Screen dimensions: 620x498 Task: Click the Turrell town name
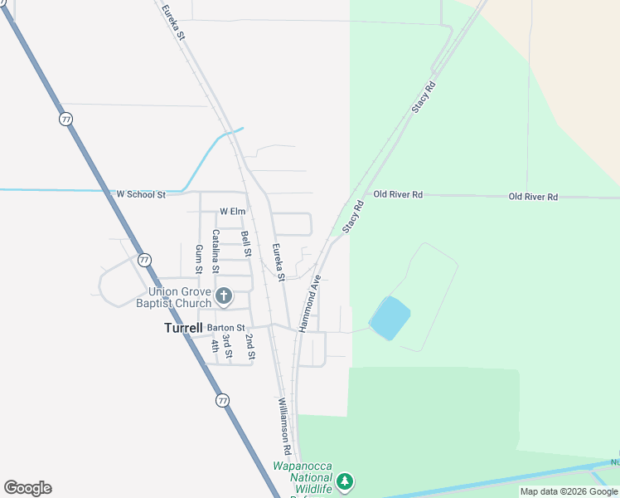tap(183, 328)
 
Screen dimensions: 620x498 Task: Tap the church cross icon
tap(223, 295)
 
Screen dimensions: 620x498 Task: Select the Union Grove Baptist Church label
tap(179, 297)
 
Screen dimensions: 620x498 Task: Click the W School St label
tap(141, 194)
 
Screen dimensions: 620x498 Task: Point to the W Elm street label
tap(233, 212)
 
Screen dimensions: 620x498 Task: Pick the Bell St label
tap(246, 243)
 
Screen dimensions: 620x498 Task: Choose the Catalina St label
tap(216, 251)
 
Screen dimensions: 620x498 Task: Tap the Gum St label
tap(198, 259)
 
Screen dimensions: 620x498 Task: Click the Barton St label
tap(227, 328)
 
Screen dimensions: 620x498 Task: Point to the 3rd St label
tap(229, 348)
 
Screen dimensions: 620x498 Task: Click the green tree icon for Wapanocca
tap(345, 481)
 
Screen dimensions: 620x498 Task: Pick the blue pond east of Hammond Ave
tap(390, 318)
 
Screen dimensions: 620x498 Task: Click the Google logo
tap(27, 488)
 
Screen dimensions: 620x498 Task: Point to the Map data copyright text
tap(569, 491)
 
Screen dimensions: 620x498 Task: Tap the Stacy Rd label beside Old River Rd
tap(353, 216)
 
